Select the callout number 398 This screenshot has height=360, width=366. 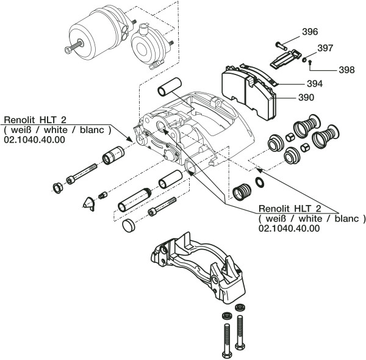tap(346, 70)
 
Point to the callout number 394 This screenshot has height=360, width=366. tap(314, 84)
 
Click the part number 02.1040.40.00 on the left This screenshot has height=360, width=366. tap(34, 140)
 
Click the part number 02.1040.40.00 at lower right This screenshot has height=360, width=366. tap(289, 228)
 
